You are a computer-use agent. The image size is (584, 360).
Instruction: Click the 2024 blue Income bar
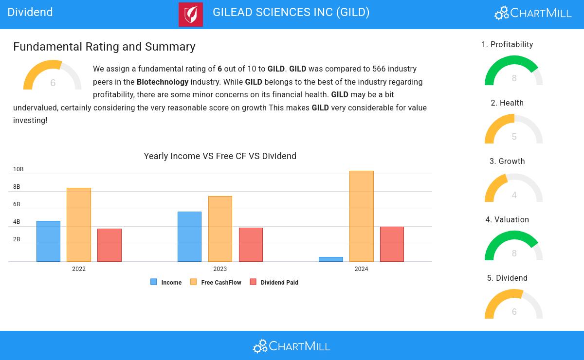[x=331, y=259]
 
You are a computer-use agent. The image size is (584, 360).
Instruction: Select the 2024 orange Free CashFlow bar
[x=361, y=216]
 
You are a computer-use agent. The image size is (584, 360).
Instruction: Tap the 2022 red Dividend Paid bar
[x=109, y=245]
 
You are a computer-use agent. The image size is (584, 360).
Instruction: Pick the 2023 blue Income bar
[x=189, y=236]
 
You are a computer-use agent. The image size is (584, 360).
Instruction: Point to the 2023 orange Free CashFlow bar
[x=220, y=229]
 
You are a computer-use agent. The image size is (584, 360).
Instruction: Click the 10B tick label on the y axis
[x=18, y=169]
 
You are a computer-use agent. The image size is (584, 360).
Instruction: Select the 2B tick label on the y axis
[x=17, y=239]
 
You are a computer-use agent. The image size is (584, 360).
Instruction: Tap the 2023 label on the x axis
[x=220, y=269]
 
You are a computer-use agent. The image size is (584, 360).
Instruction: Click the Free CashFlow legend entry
[x=216, y=282]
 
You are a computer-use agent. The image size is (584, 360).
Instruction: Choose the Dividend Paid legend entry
[x=274, y=282]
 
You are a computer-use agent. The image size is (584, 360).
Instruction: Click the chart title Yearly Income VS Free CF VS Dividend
[x=220, y=156]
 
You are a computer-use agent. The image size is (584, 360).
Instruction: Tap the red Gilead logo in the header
[x=191, y=14]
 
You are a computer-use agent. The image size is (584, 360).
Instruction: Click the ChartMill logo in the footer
[x=292, y=346]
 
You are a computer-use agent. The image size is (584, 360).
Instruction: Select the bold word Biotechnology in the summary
[x=163, y=82]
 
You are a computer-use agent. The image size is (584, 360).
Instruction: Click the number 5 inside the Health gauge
[x=514, y=136]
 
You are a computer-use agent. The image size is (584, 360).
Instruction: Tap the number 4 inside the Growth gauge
[x=514, y=195]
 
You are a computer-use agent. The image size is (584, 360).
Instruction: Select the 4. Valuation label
[x=507, y=219]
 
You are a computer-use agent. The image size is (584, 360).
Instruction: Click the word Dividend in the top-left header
[x=30, y=12]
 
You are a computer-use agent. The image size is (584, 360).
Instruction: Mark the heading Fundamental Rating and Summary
[x=104, y=47]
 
